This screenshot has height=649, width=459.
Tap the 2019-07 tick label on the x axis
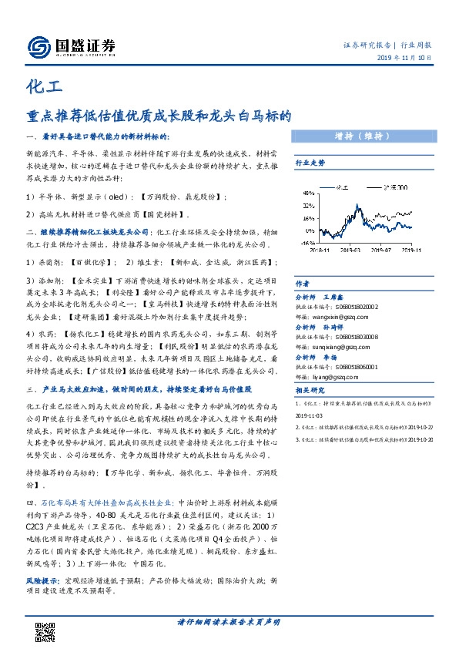click(376, 249)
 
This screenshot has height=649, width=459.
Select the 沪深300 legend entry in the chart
click(390, 187)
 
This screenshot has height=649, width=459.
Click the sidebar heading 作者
click(302, 283)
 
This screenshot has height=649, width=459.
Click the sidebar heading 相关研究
click(310, 391)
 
